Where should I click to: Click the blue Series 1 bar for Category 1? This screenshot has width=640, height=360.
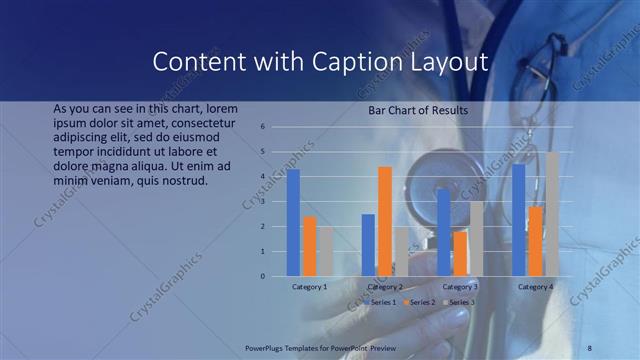coord(293,222)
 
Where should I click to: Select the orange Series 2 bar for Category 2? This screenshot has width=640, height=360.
coord(385,221)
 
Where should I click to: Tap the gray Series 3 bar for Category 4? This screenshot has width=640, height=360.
coord(552,214)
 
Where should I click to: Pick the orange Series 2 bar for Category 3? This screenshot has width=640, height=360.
coord(460,254)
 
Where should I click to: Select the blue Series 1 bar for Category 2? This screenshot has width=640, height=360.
coord(368,245)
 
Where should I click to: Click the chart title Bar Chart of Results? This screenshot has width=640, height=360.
coord(418,110)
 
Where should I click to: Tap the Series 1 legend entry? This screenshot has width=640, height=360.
coord(381,301)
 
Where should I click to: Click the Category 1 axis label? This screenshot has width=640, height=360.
coord(309,287)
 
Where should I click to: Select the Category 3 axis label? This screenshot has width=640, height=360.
coord(460,287)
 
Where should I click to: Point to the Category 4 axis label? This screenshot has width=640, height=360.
coord(535,287)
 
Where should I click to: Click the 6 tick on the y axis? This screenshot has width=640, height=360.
coord(262,127)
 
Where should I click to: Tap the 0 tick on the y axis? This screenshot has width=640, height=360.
coord(262,276)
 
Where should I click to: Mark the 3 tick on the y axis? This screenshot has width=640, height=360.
coord(262,202)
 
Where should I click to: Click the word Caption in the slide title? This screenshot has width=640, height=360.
coord(345,62)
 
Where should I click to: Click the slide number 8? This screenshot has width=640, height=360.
coord(590,347)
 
